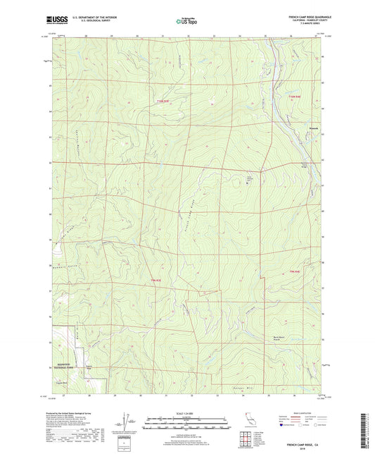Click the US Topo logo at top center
click(x=186, y=21)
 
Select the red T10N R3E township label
click(x=163, y=102)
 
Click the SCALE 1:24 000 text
click(x=187, y=412)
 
